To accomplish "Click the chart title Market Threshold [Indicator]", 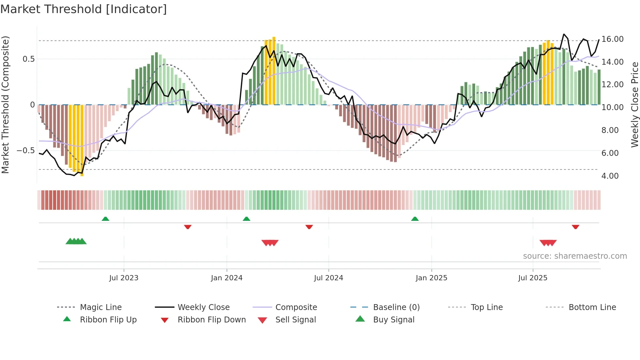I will point(84,9).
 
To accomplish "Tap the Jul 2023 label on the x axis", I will point(124,278).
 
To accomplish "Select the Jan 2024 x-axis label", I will point(227,278).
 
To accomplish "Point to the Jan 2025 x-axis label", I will point(431,278).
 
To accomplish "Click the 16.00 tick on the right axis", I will point(612,39).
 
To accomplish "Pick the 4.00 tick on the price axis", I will point(610,176).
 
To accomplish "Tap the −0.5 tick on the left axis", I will point(26,151).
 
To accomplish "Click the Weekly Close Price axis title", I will point(634,105).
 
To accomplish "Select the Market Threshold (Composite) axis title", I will point(5,105).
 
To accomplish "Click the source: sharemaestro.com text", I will point(575,256).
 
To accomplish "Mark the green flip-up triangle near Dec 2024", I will point(415,219).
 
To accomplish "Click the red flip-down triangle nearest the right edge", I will point(575,227).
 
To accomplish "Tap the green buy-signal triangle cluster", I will point(76,241).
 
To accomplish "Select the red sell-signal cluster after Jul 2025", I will point(548,243).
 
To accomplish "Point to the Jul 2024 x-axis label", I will point(328,278).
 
